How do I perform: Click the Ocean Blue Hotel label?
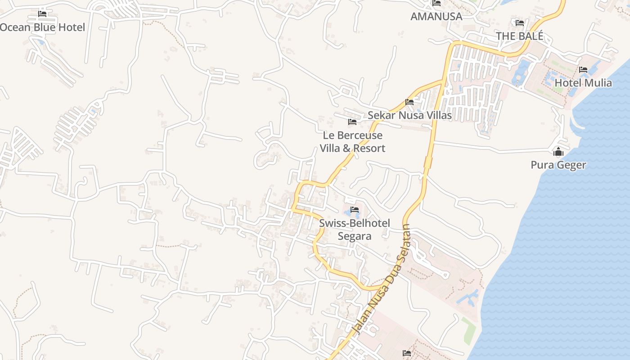[x=42, y=27]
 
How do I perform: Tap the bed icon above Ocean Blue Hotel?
[x=42, y=13]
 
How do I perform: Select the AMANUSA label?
[x=436, y=17]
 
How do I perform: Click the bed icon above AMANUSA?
[x=436, y=3]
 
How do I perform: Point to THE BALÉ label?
[x=520, y=36]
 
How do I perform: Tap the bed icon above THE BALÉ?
[x=520, y=22]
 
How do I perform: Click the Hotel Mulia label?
[x=583, y=83]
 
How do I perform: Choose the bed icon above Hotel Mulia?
[x=583, y=70]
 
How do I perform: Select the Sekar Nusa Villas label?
[x=409, y=115]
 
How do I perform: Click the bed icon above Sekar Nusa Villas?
[x=409, y=102]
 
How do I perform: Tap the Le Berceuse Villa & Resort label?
[x=352, y=142]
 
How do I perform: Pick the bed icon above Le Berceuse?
[x=352, y=122]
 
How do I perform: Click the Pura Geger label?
[x=558, y=165]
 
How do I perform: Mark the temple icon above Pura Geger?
[x=558, y=152]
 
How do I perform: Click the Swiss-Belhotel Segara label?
[x=355, y=229]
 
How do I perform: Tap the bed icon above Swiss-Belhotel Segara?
[x=355, y=210]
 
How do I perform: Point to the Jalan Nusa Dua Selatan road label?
[x=382, y=279]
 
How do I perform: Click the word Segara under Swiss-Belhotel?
[x=355, y=236]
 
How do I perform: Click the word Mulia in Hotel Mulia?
[x=597, y=83]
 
